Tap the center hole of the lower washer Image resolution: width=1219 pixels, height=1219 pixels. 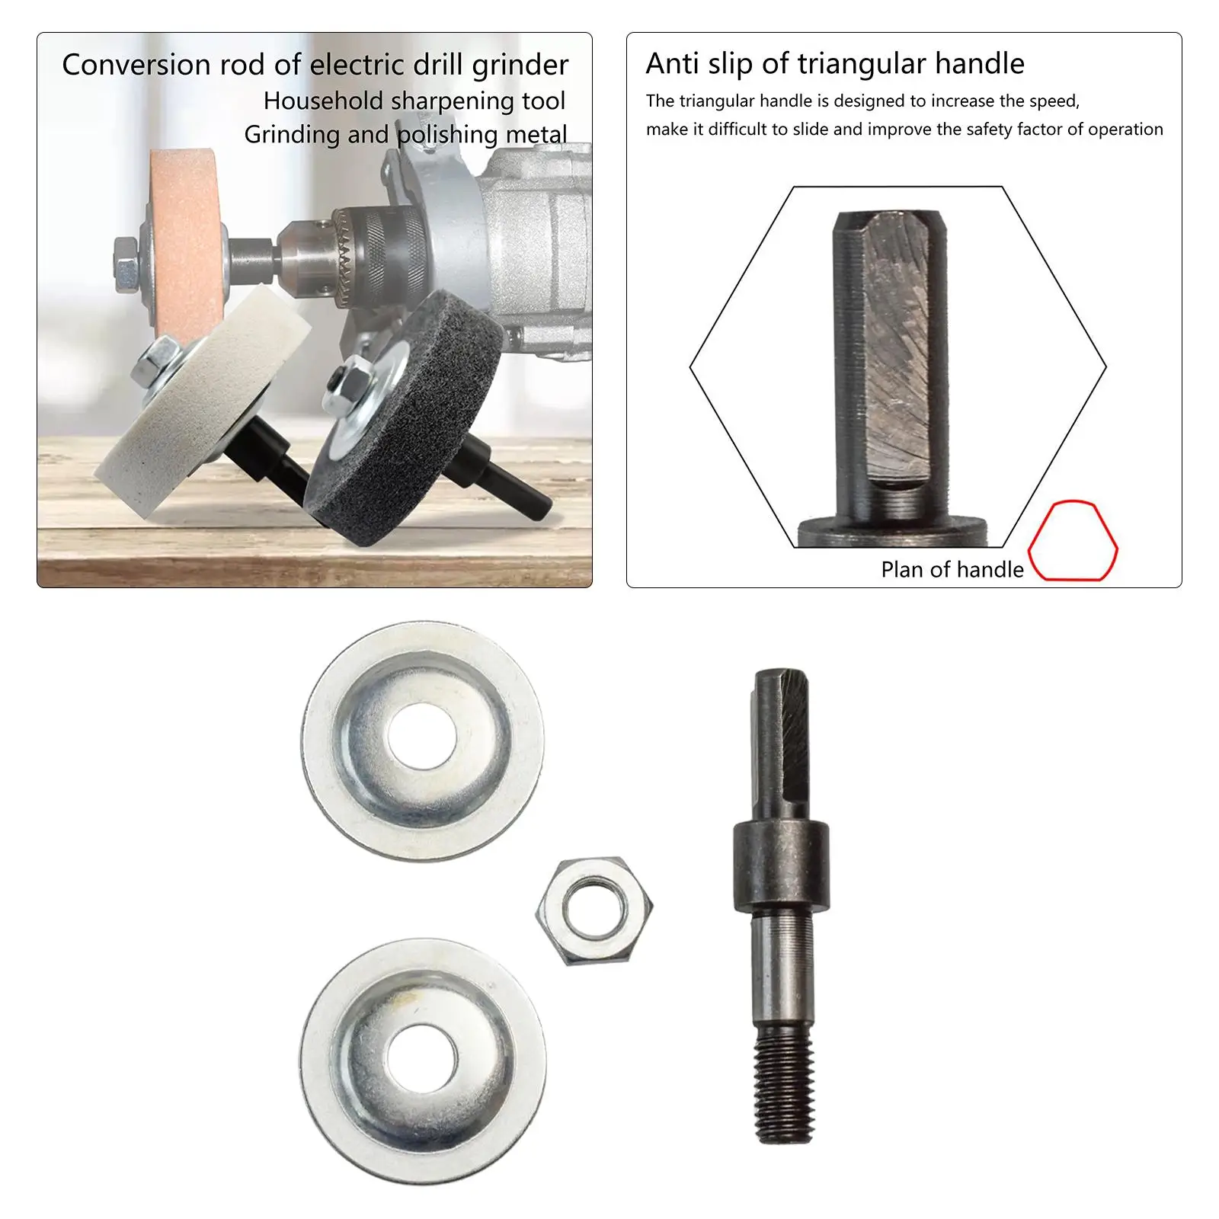click(x=422, y=1060)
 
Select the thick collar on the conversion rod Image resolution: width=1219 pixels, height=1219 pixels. click(x=781, y=866)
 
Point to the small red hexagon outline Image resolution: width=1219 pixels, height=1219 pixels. click(x=1073, y=541)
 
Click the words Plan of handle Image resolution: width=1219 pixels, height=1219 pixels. click(x=952, y=569)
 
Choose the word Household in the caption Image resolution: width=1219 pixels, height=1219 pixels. click(x=322, y=101)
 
